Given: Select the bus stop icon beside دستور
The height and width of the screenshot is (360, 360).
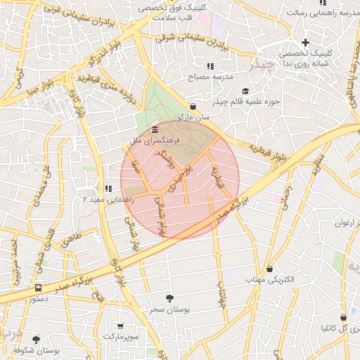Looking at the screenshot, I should coord(38,288).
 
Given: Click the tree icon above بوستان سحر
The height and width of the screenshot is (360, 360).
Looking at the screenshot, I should coord(168,298).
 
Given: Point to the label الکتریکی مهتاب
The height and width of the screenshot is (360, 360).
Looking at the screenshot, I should coord(268,280).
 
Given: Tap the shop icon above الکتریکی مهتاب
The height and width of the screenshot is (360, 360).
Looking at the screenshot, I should coord(270,269).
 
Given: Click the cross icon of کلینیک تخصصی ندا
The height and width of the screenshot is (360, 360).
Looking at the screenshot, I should coord(305,43).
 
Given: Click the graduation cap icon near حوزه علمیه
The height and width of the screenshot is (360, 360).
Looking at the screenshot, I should coord(245,91).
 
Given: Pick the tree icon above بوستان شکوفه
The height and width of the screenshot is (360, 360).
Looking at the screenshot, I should coord(37,340).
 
